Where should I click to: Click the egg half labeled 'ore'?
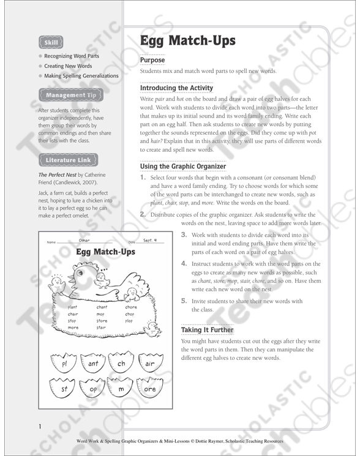coord(150,389)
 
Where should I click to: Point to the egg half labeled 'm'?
coord(121,389)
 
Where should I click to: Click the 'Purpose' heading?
coord(152,61)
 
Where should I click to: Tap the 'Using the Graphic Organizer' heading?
coord(183,166)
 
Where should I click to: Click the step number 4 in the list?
coord(184,264)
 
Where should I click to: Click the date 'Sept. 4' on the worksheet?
coord(151,241)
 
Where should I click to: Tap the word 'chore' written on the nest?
coord(132,307)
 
